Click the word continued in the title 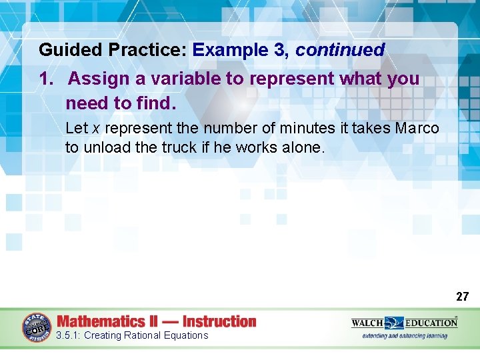(340, 50)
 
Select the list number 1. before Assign (46, 79)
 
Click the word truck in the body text (179, 147)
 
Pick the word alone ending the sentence (303, 147)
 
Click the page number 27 (462, 297)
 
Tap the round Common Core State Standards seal (37, 327)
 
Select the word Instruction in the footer (219, 321)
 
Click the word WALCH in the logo (367, 323)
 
